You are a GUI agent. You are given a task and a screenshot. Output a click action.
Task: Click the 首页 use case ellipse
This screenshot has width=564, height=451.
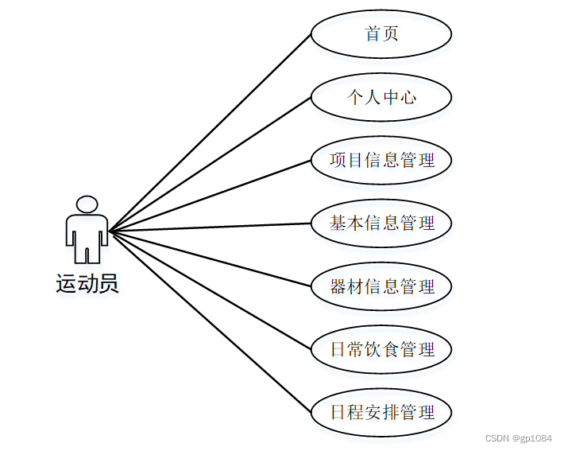[x=381, y=34]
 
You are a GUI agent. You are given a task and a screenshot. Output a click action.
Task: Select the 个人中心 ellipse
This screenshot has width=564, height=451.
[x=381, y=97]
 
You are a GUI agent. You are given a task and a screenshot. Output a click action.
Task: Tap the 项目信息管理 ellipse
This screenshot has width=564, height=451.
[x=381, y=160]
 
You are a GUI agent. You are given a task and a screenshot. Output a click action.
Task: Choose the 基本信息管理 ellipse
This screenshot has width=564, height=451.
[x=381, y=223]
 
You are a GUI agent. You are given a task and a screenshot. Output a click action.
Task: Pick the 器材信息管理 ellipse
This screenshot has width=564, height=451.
[x=381, y=286]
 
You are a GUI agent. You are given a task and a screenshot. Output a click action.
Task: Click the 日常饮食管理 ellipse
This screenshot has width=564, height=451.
[x=381, y=348]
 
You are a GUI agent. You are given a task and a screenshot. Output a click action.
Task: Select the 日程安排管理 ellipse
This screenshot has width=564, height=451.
[x=381, y=412]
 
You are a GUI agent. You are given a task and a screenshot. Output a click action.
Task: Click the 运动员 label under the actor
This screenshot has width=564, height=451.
[x=87, y=284]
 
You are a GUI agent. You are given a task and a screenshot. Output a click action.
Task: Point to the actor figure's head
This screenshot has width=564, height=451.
[x=87, y=204]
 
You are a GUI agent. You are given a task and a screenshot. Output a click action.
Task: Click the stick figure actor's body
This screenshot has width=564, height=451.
[x=87, y=235]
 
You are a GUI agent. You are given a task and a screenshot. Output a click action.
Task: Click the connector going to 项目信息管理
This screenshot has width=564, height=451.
[x=210, y=196]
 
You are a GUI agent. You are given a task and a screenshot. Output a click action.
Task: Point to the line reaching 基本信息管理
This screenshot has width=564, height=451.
[x=210, y=227]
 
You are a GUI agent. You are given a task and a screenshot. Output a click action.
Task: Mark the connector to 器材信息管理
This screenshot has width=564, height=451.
[x=210, y=259]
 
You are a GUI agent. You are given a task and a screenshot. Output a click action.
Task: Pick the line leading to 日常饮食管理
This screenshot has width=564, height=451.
[x=210, y=290]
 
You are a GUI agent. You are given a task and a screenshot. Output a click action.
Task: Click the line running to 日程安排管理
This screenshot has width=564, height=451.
[x=210, y=321]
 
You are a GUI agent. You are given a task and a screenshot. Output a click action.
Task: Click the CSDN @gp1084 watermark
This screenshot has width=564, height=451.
[x=517, y=439]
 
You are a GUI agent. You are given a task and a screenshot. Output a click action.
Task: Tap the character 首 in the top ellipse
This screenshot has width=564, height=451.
[x=373, y=33]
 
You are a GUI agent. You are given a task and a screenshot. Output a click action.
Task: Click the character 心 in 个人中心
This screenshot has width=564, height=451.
[x=408, y=97]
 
